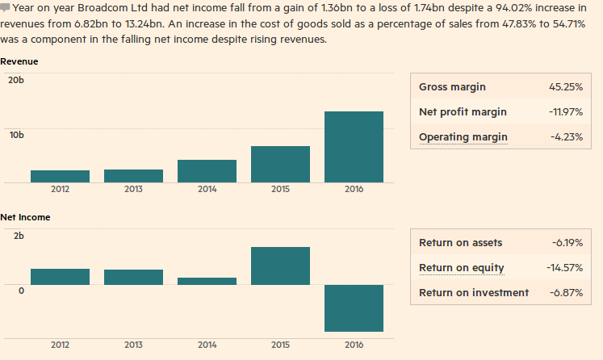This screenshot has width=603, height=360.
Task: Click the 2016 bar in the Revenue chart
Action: pyautogui.click(x=354, y=146)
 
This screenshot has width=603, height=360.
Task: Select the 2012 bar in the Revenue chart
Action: pyautogui.click(x=60, y=176)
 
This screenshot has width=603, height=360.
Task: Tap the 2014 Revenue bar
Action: pyautogui.click(x=207, y=170)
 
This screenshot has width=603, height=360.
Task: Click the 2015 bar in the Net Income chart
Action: pyautogui.click(x=280, y=266)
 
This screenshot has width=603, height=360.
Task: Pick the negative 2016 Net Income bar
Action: pyautogui.click(x=354, y=308)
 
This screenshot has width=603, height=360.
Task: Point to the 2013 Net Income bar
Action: pyautogui.click(x=133, y=277)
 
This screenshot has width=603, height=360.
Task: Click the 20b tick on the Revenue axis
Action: pyautogui.click(x=16, y=80)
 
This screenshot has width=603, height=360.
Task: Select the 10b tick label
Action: pyautogui.click(x=16, y=134)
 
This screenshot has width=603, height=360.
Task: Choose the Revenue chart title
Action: pyautogui.click(x=19, y=61)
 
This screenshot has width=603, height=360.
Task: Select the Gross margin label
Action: pyautogui.click(x=453, y=87)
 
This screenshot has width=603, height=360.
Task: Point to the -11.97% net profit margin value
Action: pyautogui.click(x=565, y=112)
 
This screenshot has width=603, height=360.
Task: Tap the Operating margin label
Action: pyautogui.click(x=463, y=137)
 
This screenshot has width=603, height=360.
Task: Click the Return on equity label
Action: pyautogui.click(x=462, y=268)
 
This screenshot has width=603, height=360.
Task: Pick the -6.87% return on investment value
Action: pyautogui.click(x=566, y=293)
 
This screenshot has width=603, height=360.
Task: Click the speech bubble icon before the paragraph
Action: pyautogui.click(x=6, y=7)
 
